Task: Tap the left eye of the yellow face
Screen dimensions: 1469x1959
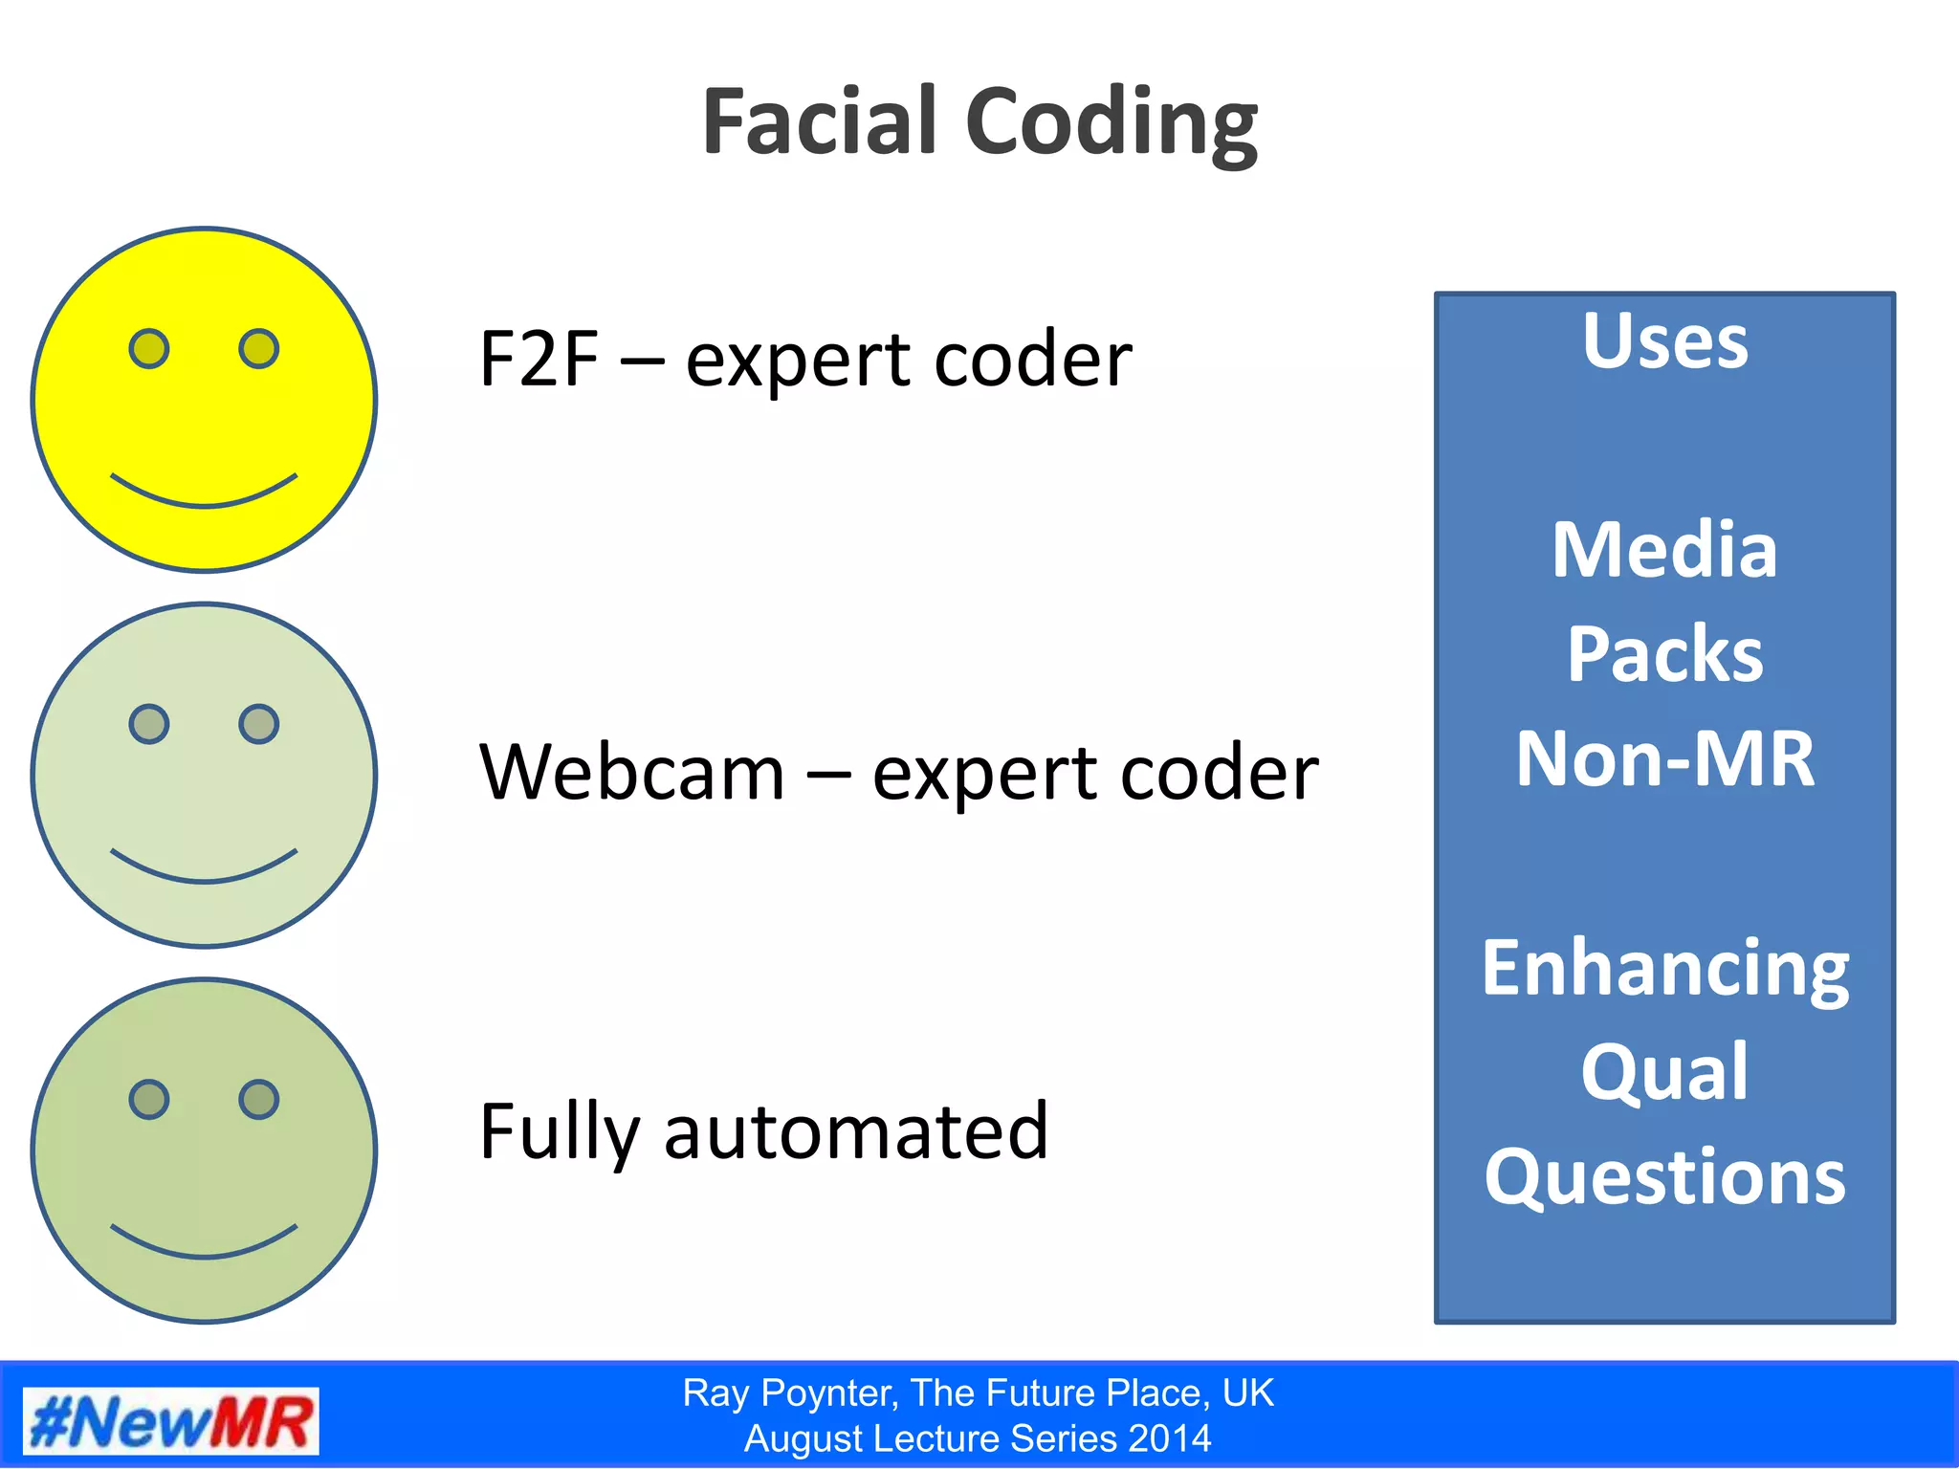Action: click(149, 348)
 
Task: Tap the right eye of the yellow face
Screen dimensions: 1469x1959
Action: click(258, 348)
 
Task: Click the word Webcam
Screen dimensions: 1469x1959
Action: click(631, 772)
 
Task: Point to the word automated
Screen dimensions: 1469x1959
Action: click(856, 1130)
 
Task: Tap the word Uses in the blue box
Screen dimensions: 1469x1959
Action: click(1664, 340)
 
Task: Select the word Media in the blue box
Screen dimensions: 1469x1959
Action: click(1664, 550)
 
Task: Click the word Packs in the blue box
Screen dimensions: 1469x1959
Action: click(1664, 654)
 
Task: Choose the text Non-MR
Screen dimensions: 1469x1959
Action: click(1664, 758)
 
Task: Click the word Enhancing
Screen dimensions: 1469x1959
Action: click(1664, 970)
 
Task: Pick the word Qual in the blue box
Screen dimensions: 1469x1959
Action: click(1664, 1073)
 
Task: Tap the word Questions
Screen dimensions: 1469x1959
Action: click(1664, 1177)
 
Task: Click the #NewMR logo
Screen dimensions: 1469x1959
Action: click(170, 1421)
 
